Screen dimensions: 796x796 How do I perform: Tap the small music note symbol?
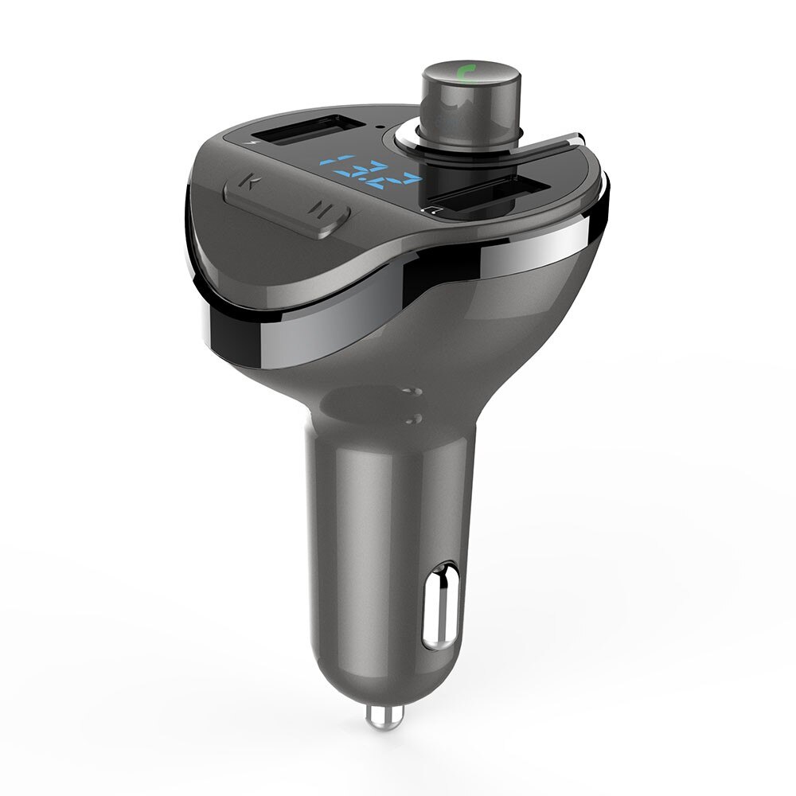click(432, 211)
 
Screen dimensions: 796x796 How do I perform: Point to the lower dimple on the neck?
click(414, 419)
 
